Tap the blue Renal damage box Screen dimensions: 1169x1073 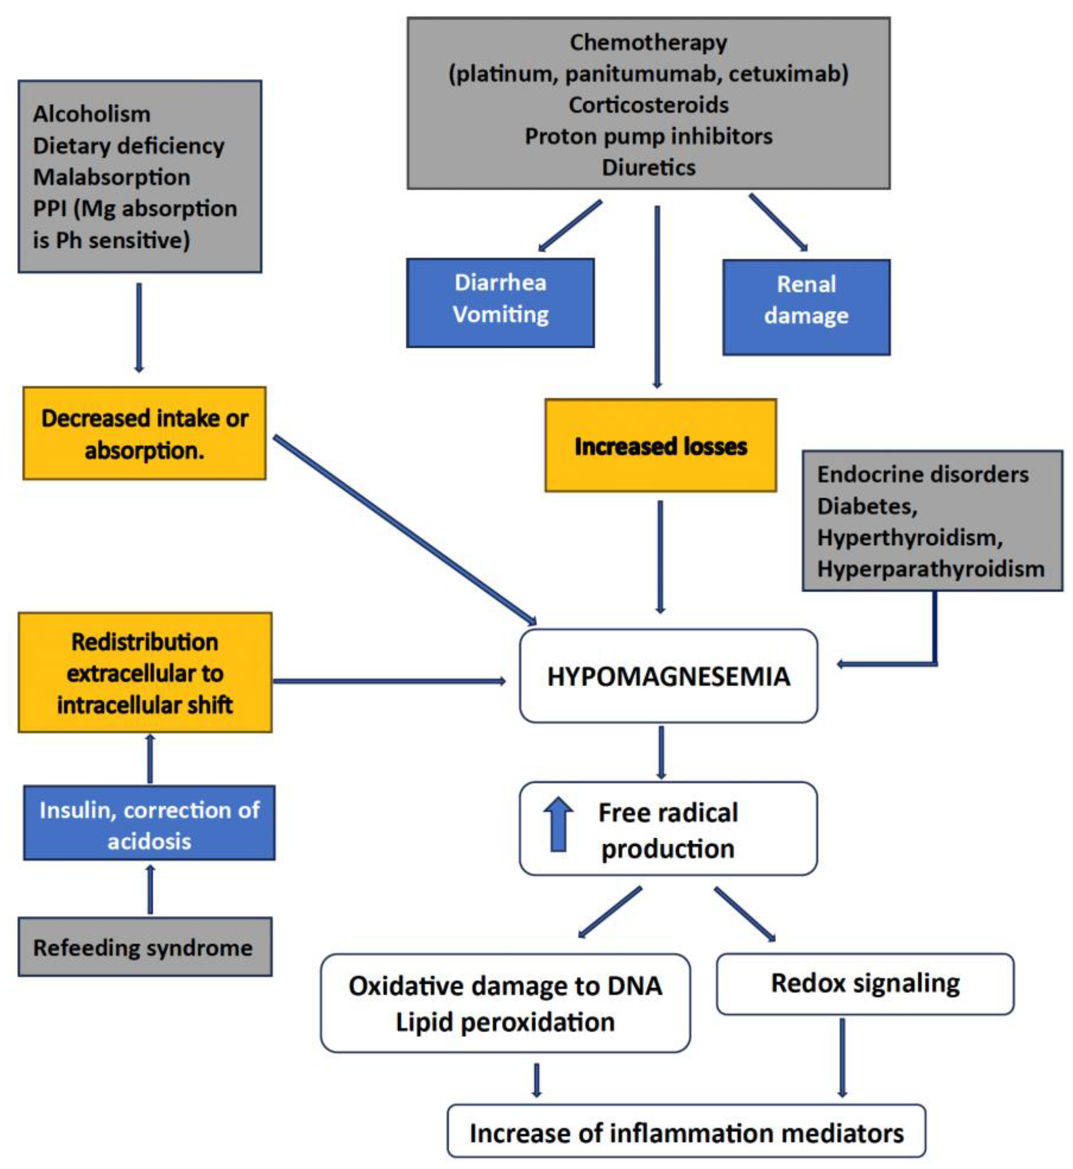tap(806, 307)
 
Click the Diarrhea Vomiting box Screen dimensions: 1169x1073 tap(500, 303)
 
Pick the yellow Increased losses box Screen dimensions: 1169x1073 tap(660, 446)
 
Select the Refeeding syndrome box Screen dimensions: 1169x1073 tap(144, 947)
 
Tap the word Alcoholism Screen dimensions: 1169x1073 tap(92, 114)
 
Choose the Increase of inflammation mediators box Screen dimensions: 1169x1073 tap(686, 1133)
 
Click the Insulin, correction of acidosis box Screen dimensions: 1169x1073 tap(149, 824)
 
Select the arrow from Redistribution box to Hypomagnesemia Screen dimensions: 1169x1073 tap(389, 680)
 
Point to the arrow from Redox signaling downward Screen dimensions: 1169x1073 tap(842, 1057)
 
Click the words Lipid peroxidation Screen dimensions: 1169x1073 tap(505, 1022)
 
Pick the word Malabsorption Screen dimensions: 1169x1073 tap(112, 177)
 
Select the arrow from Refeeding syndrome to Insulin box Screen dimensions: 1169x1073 tap(150, 891)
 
